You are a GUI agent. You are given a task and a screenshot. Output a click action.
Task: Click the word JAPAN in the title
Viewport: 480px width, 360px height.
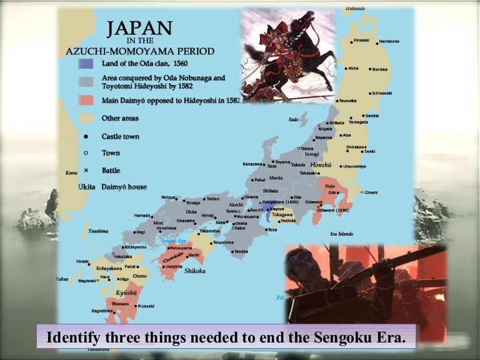pos(139,29)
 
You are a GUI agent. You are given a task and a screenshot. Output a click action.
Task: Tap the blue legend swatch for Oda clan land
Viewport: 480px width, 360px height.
pos(86,64)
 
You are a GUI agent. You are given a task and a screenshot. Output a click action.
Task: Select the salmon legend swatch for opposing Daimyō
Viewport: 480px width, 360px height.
pos(86,100)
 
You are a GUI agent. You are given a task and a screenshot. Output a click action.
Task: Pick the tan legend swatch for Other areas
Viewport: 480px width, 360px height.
pos(86,118)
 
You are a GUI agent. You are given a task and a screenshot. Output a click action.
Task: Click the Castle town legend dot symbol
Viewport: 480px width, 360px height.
pos(86,136)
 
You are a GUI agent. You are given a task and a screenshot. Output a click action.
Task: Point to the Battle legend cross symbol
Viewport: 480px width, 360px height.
pos(86,170)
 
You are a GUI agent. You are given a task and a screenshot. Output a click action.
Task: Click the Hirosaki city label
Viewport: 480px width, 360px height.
pos(361,40)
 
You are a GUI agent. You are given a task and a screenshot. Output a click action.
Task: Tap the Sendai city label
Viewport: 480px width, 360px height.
pos(372,116)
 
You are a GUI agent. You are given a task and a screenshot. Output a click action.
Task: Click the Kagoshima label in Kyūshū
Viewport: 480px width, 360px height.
pos(102,311)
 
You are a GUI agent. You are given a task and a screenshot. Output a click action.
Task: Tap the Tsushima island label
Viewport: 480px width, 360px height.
pos(98,231)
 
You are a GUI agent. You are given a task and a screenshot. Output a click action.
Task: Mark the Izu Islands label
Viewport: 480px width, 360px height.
pos(342,234)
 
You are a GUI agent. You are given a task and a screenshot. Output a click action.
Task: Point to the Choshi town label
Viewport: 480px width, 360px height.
pos(371,192)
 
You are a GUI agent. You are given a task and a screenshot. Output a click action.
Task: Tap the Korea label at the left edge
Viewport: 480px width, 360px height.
pos(72,172)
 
